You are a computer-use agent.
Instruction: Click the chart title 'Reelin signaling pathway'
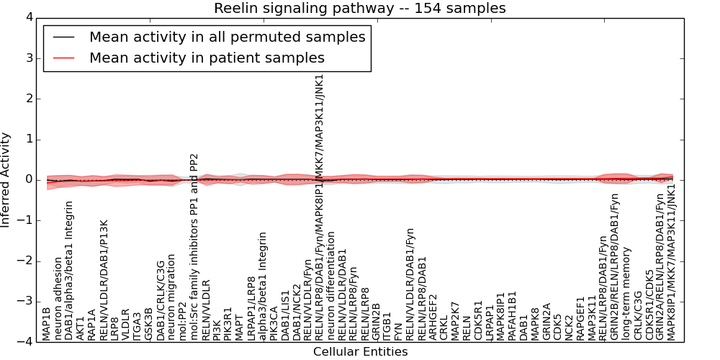pos(359,9)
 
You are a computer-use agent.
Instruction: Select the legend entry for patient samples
pos(207,58)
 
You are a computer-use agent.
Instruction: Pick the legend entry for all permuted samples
pos(227,37)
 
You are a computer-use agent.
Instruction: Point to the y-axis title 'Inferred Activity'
pos(6,179)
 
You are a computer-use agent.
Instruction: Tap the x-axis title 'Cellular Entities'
pos(360,352)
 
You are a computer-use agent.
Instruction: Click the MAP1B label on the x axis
pos(47,323)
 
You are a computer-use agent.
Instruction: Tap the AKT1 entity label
pos(81,327)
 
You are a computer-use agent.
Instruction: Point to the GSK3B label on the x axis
pos(149,324)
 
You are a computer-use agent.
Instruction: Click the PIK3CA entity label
pos(274,323)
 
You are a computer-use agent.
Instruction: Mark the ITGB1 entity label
pos(387,325)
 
